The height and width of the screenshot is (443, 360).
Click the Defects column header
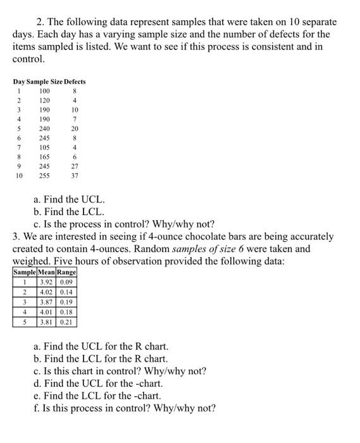(x=74, y=82)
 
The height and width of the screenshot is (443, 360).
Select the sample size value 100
(x=44, y=90)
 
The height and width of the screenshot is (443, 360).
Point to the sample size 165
(x=44, y=157)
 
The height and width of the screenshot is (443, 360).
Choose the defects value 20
(x=75, y=128)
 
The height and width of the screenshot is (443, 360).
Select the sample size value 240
(x=44, y=128)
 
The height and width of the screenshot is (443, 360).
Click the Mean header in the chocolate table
(x=46, y=272)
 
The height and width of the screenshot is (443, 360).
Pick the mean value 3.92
(x=46, y=282)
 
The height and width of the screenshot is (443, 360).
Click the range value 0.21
(x=66, y=321)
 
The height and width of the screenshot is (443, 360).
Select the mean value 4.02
(x=46, y=292)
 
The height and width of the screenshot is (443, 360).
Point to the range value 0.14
(x=66, y=292)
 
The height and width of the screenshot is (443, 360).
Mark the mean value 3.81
(x=46, y=321)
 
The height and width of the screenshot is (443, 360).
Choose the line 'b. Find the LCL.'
(x=69, y=212)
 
